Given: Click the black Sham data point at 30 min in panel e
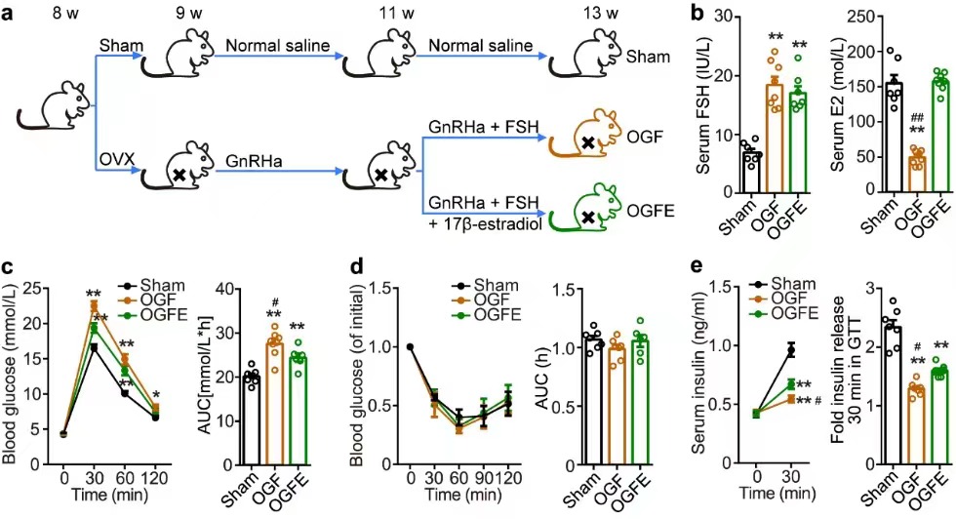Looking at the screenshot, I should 791,350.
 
